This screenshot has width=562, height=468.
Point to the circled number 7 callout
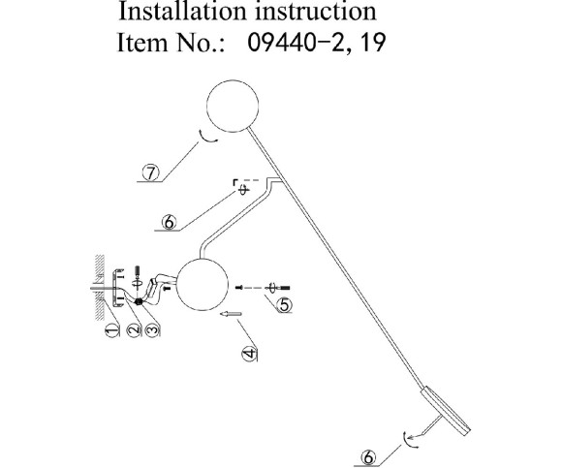tap(151, 172)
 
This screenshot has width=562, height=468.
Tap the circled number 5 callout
tap(284, 304)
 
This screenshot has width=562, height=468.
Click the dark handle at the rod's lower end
tap(448, 411)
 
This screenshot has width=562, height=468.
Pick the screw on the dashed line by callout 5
tap(274, 287)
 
